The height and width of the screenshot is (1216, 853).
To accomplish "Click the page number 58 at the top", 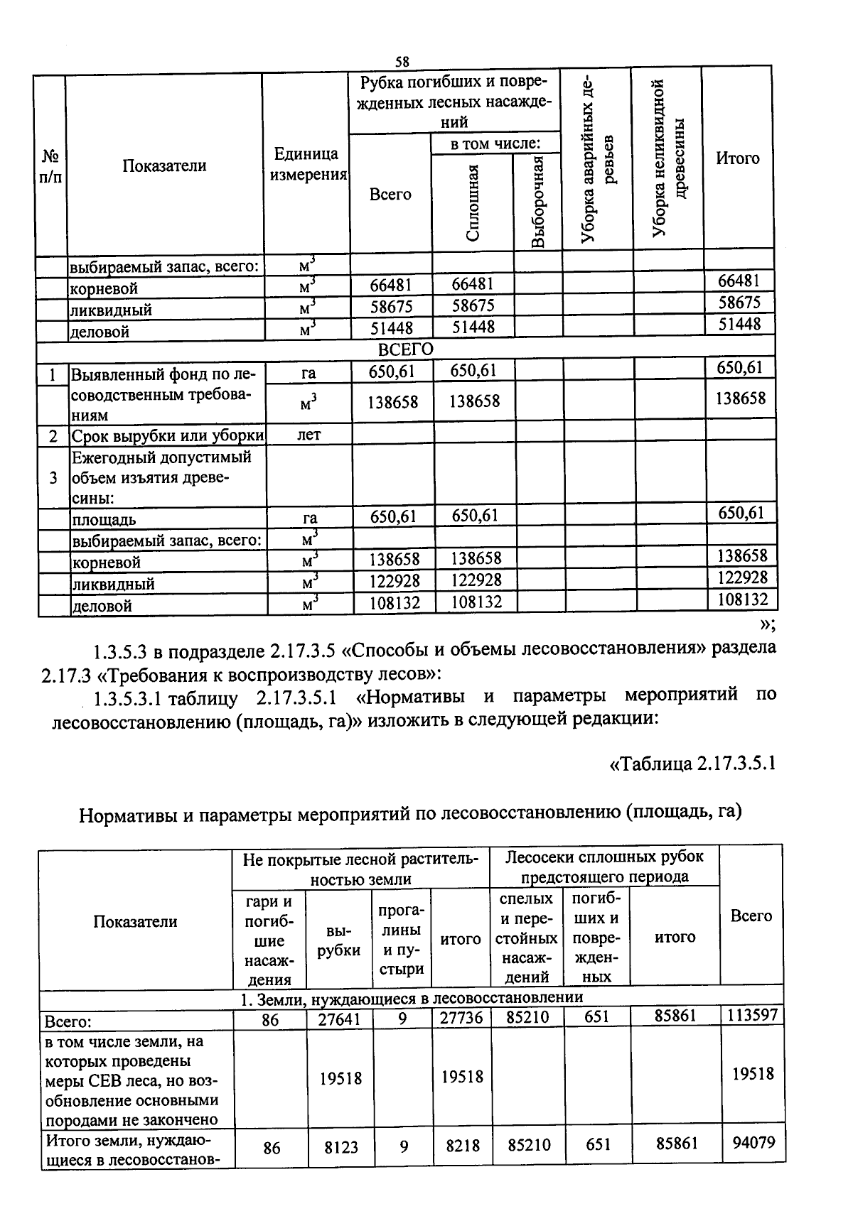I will pyautogui.click(x=402, y=61).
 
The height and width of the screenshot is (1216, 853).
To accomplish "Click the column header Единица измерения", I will pyautogui.click(x=306, y=164).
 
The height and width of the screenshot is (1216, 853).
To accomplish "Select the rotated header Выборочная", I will pyautogui.click(x=538, y=202).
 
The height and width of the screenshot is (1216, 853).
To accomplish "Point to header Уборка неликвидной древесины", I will pyautogui.click(x=667, y=158).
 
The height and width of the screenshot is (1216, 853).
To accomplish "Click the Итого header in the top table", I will pyautogui.click(x=737, y=158).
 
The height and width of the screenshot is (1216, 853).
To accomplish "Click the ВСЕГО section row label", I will pyautogui.click(x=405, y=349).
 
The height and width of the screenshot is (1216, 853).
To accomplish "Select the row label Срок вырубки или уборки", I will pyautogui.click(x=167, y=435).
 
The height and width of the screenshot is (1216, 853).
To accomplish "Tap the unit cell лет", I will pyautogui.click(x=309, y=435).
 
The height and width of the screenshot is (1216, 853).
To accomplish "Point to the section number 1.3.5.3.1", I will pyautogui.click(x=129, y=698).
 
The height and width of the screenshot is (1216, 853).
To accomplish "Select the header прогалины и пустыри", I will pyautogui.click(x=402, y=940).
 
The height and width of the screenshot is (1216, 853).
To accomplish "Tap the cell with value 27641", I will pyautogui.click(x=340, y=1019).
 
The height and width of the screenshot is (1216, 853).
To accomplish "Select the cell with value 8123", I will pyautogui.click(x=341, y=1146).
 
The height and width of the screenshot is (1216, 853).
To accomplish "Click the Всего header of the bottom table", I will pyautogui.click(x=751, y=916).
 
